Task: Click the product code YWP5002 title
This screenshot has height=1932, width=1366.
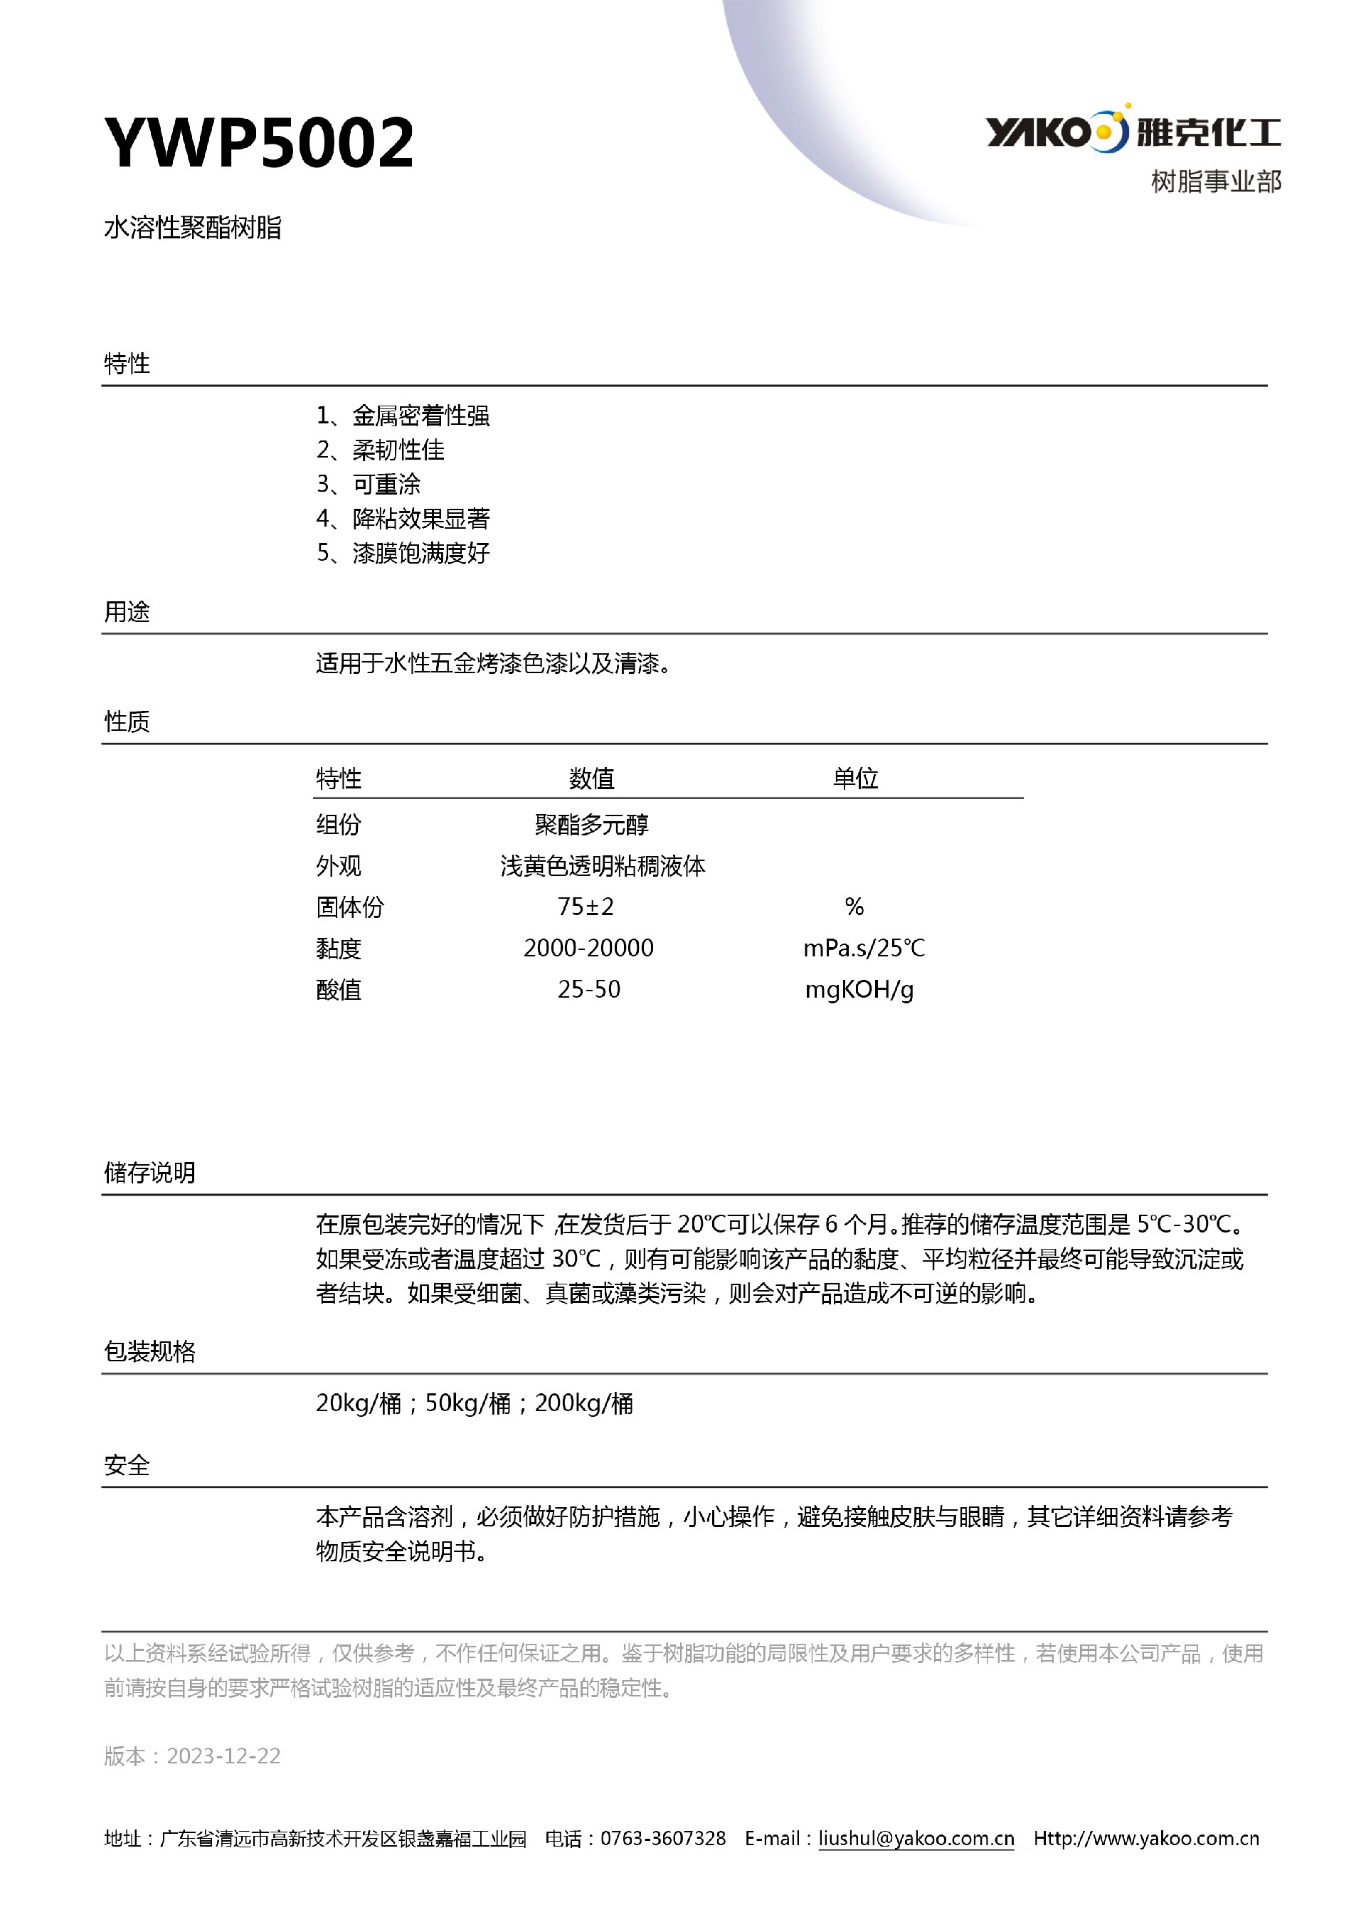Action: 258,142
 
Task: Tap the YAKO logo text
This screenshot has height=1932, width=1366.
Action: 1038,132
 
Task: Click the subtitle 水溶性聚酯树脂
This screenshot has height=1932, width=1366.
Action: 193,228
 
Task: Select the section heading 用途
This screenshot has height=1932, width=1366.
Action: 127,612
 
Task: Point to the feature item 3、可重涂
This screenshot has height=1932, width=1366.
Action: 368,484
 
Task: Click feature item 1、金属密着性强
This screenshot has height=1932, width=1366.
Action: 402,416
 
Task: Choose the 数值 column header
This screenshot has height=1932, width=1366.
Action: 591,778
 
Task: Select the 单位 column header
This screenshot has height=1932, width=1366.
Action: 855,778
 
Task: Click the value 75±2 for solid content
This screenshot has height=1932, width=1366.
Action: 586,907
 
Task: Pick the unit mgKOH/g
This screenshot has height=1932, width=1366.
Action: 859,990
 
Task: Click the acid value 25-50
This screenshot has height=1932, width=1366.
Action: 589,990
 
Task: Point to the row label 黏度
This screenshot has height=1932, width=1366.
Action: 338,949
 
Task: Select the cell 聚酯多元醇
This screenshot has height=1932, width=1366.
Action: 591,825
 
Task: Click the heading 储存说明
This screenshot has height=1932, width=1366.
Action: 149,1173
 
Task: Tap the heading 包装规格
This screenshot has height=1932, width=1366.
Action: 149,1351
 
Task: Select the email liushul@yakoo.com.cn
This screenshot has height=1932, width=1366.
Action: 916,1839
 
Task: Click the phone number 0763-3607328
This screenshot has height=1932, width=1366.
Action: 663,1839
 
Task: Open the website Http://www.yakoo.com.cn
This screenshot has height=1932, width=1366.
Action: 1145,1839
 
